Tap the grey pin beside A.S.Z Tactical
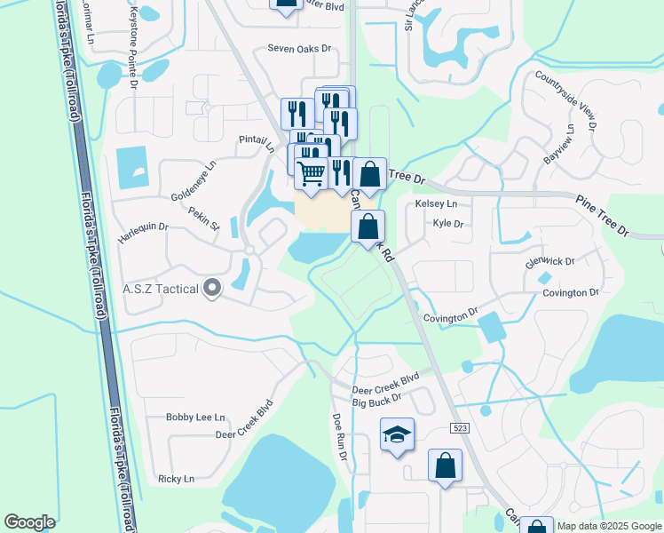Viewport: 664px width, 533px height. pos(211,288)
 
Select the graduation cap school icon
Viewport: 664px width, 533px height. pos(398,434)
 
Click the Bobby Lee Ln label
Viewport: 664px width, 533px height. pos(196,417)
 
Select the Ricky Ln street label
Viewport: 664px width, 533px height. pos(176,479)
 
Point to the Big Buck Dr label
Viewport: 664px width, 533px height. pos(377,402)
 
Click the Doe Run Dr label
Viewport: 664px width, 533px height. pos(339,435)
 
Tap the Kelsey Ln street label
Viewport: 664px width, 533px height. pos(436,203)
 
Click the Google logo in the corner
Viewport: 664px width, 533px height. pos(29,522)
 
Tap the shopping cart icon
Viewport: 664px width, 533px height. pos(312,173)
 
